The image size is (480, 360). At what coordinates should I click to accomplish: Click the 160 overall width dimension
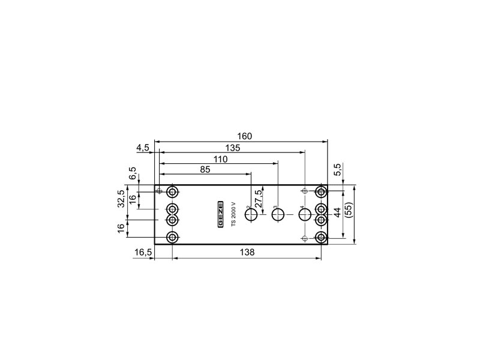coord(245,136)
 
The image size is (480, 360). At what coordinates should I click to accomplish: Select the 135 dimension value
coord(233,148)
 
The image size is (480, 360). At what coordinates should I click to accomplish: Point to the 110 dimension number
coord(220,160)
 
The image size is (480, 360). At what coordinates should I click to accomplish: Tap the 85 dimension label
coord(205,170)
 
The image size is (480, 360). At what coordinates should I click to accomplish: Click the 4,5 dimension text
coord(143,148)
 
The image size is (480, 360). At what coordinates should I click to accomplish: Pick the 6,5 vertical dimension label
coord(133,173)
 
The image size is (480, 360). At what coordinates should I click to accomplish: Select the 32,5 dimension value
coord(121,199)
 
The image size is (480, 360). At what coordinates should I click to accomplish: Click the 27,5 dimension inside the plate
coord(258,199)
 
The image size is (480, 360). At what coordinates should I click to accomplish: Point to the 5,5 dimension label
coord(337,170)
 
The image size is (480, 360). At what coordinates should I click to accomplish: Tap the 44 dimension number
coord(337,212)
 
